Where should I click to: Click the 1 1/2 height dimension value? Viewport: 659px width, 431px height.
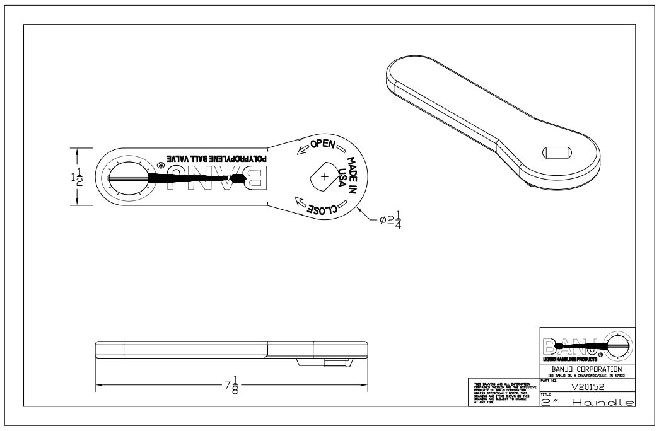coord(75,176)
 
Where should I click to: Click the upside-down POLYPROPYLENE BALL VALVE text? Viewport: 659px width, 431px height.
coord(214,159)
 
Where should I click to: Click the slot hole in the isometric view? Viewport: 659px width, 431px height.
coord(557,152)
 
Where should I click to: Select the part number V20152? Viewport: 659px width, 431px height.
coord(587,389)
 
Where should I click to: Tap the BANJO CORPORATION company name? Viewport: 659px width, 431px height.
coord(587,368)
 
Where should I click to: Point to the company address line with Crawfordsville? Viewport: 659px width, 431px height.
coord(587,376)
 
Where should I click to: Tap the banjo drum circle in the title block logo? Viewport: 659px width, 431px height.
coord(620,344)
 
